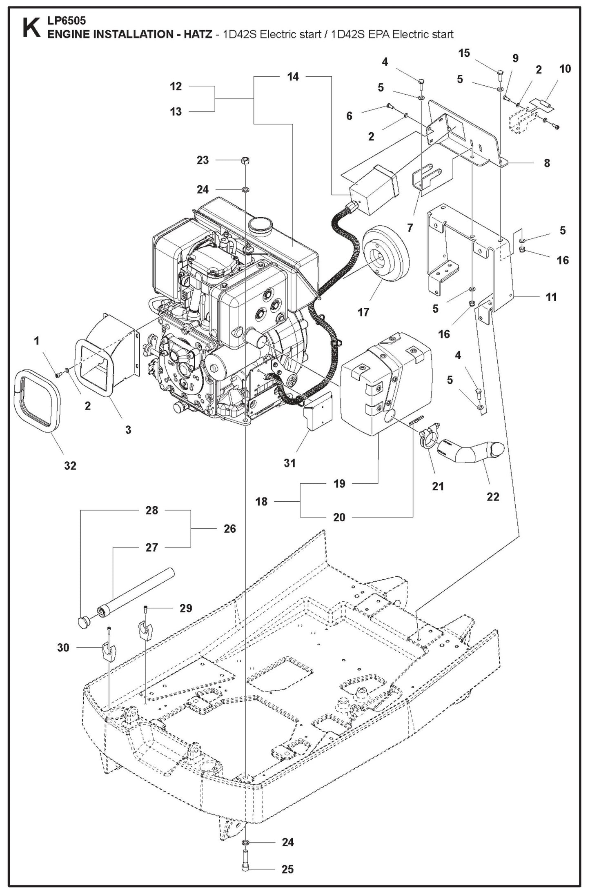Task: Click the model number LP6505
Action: click(x=67, y=20)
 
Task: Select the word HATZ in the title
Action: click(x=198, y=34)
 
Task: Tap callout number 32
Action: click(x=70, y=465)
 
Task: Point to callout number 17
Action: click(x=363, y=312)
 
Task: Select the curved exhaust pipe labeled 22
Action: click(x=474, y=453)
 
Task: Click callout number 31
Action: click(x=289, y=463)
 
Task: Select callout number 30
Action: click(x=63, y=647)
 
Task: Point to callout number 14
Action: click(x=293, y=76)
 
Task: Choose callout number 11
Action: click(x=551, y=297)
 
